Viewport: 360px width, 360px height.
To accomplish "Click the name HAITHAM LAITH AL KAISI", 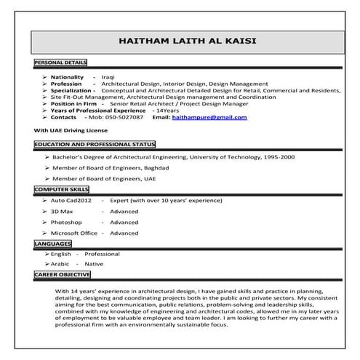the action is click(x=188, y=41).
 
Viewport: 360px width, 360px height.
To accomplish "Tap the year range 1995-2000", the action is click(x=279, y=156).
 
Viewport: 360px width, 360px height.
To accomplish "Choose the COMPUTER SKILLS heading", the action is click(x=61, y=188).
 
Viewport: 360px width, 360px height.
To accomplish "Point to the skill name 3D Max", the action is click(x=63, y=211).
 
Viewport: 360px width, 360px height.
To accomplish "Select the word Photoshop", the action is click(x=66, y=222).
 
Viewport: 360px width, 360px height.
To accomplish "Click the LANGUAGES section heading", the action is click(x=52, y=244).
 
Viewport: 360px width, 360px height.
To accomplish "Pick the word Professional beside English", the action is click(x=102, y=254).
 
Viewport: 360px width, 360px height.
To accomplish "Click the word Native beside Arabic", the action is click(x=96, y=264).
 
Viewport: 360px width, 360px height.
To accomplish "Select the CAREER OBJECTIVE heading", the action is click(x=63, y=274).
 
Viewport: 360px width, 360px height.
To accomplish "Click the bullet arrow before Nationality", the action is click(x=45, y=76).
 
